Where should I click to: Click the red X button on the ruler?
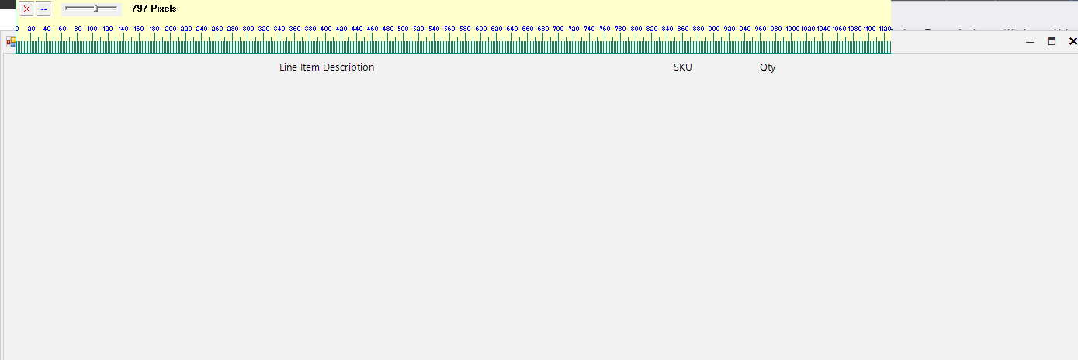pyautogui.click(x=26, y=9)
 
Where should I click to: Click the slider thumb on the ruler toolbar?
pyautogui.click(x=95, y=9)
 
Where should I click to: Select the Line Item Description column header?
pyautogui.click(x=327, y=67)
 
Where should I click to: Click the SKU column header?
pyautogui.click(x=683, y=67)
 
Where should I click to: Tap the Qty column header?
pyautogui.click(x=768, y=67)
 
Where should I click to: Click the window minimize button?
pyautogui.click(x=1030, y=42)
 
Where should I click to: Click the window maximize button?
pyautogui.click(x=1052, y=42)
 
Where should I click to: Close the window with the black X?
pyautogui.click(x=1073, y=42)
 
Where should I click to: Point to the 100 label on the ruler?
pyautogui.click(x=92, y=29)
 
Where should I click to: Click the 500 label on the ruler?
pyautogui.click(x=403, y=29)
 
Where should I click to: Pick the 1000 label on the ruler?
pyautogui.click(x=792, y=29)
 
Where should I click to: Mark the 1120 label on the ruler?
pyautogui.click(x=884, y=29)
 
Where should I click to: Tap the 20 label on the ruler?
pyautogui.click(x=31, y=29)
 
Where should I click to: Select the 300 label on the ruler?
pyautogui.click(x=248, y=29)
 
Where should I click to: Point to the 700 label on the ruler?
pyautogui.click(x=558, y=29)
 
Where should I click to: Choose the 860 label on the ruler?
pyautogui.click(x=682, y=29)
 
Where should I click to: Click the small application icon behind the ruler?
pyautogui.click(x=10, y=42)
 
